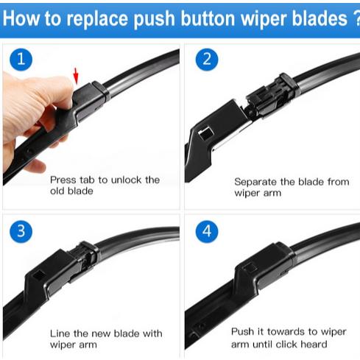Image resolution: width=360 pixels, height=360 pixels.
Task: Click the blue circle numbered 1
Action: pyautogui.click(x=21, y=60)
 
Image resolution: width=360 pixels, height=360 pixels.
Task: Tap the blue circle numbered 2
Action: pyautogui.click(x=207, y=60)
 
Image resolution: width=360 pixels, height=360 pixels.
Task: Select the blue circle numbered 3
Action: pyautogui.click(x=21, y=231)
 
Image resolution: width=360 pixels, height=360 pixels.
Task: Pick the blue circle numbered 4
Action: pyautogui.click(x=207, y=231)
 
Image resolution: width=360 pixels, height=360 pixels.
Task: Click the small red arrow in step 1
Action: pyautogui.click(x=76, y=76)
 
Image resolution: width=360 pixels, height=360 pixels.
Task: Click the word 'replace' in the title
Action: pyautogui.click(x=97, y=19)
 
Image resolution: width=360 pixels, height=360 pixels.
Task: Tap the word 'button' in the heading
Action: pyautogui.click(x=208, y=18)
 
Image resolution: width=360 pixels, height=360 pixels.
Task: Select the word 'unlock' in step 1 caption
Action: pyautogui.click(x=126, y=180)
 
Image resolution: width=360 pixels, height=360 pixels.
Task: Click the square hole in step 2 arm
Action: pyautogui.click(x=205, y=134)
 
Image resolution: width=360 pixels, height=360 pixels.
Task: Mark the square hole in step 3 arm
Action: pyautogui.click(x=39, y=274)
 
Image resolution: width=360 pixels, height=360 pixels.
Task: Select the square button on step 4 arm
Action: pyautogui.click(x=250, y=267)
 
